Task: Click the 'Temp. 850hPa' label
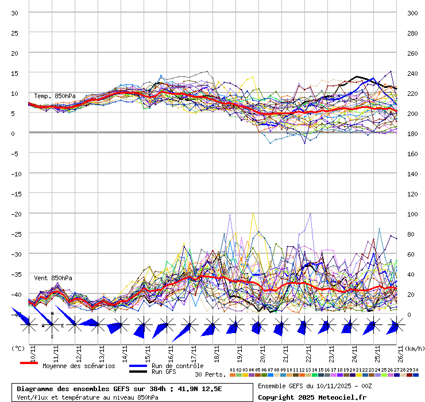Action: pyautogui.click(x=55, y=96)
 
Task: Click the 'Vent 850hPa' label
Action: pyautogui.click(x=53, y=278)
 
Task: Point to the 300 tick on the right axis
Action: pyautogui.click(x=412, y=13)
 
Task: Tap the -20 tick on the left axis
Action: pyautogui.click(x=16, y=214)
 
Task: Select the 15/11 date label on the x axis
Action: pyautogui.click(x=148, y=351)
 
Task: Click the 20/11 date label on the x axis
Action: pyautogui.click(x=262, y=351)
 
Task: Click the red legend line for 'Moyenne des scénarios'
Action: pyautogui.click(x=29, y=364)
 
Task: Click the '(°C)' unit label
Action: pyautogui.click(x=18, y=348)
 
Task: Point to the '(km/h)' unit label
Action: pyautogui.click(x=415, y=348)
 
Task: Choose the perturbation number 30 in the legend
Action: pyautogui.click(x=415, y=370)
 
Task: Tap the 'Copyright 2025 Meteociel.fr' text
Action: pyautogui.click(x=312, y=397)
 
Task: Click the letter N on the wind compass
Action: pyautogui.click(x=52, y=314)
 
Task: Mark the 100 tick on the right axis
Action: pyautogui.click(x=412, y=214)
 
